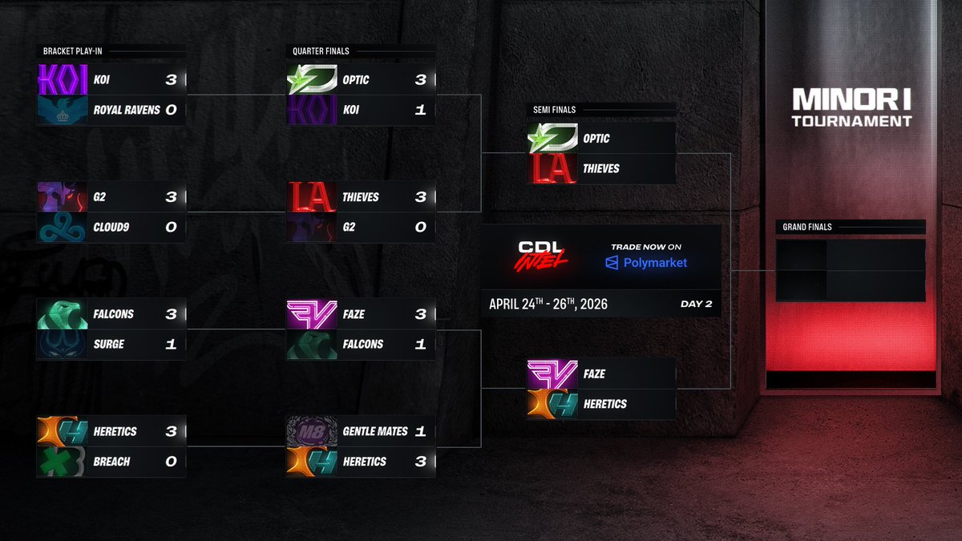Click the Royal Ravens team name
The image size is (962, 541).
[x=127, y=110]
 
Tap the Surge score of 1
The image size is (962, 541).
[x=171, y=344]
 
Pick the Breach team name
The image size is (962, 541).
[x=111, y=462]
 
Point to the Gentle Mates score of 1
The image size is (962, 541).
[x=420, y=432]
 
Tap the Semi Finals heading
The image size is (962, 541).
[x=555, y=110]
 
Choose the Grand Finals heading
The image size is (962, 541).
[x=807, y=227]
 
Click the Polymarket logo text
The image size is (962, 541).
[x=646, y=263]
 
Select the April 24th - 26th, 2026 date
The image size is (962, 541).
[x=548, y=305]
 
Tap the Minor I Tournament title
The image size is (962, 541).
[x=851, y=108]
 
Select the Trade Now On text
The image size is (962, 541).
[x=646, y=247]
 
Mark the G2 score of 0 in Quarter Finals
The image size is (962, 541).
[x=420, y=228]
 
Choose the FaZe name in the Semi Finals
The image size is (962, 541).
[x=594, y=374]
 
